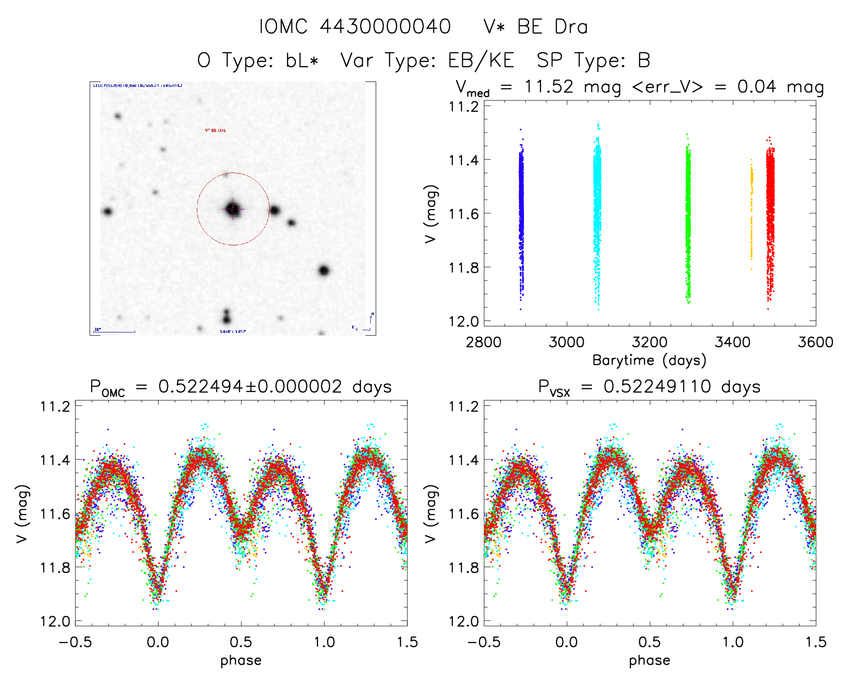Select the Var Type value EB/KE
pyautogui.click(x=481, y=60)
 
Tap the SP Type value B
pyautogui.click(x=644, y=60)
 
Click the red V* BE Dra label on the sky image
pyautogui.click(x=215, y=130)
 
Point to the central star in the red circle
pyautogui.click(x=233, y=209)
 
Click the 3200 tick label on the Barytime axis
pyautogui.click(x=650, y=342)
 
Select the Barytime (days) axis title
pyautogui.click(x=649, y=360)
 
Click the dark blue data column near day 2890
pyautogui.click(x=521, y=216)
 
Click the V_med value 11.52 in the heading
pyautogui.click(x=549, y=86)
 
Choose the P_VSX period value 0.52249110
pyautogui.click(x=657, y=387)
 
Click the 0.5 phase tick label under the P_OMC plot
pyautogui.click(x=241, y=642)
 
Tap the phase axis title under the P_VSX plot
pyautogui.click(x=649, y=660)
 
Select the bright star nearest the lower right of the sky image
pyautogui.click(x=323, y=270)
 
